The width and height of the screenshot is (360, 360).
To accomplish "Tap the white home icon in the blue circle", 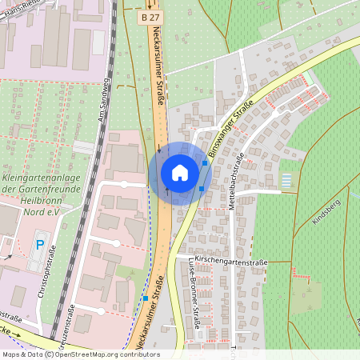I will [x=180, y=173].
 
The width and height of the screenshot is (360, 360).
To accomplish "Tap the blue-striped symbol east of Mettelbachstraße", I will [x=287, y=180].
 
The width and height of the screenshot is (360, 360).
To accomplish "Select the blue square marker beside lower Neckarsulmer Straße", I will [x=145, y=298].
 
